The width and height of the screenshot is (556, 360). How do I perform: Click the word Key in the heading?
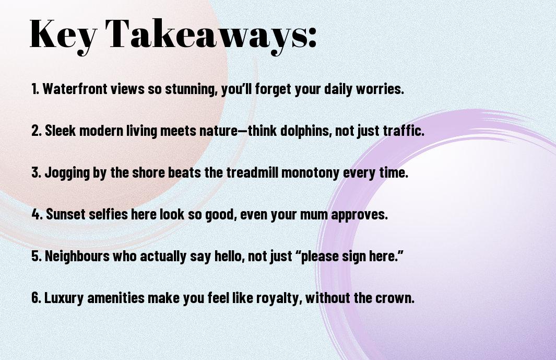tap(63, 35)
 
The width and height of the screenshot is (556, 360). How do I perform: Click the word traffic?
tap(404, 131)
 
